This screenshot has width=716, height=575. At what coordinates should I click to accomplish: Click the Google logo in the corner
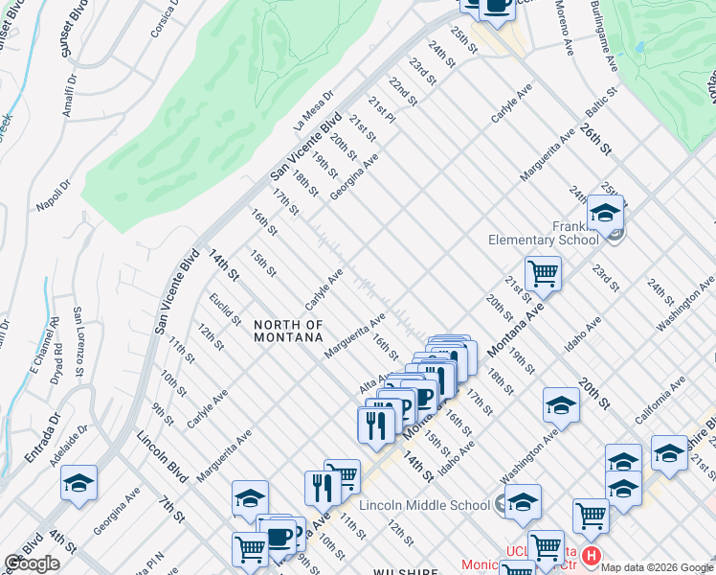(33, 563)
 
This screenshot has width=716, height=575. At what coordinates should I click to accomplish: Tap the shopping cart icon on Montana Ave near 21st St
(543, 274)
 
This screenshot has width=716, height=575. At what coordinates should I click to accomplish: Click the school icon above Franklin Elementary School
(605, 214)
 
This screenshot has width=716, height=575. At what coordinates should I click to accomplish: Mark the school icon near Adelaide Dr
(78, 485)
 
